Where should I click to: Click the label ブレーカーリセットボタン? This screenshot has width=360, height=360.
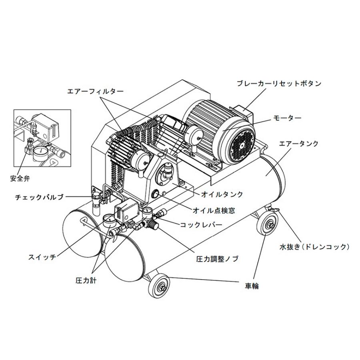278,84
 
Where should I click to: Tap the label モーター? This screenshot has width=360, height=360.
287,118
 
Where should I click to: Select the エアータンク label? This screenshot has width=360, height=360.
299,144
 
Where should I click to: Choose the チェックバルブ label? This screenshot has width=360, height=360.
39,197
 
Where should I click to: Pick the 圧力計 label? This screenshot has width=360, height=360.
86,280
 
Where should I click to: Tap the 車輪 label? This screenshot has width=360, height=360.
252,286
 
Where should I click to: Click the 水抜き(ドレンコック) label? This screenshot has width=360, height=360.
314,247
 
